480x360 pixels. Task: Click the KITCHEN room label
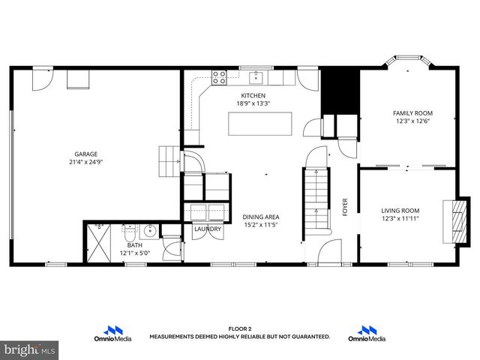[x=253, y=95]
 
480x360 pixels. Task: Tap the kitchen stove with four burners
[x=220, y=75]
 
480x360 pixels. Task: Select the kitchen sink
[x=256, y=75]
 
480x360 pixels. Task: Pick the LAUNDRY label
[x=206, y=229]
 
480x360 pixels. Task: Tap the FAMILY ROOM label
[x=412, y=113]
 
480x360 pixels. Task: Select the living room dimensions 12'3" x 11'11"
[x=400, y=219]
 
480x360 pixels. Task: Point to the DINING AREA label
[x=261, y=216]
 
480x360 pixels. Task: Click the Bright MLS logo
[x=29, y=349]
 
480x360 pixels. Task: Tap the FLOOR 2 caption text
[x=239, y=329]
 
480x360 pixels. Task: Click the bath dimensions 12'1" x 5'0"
[x=135, y=253]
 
